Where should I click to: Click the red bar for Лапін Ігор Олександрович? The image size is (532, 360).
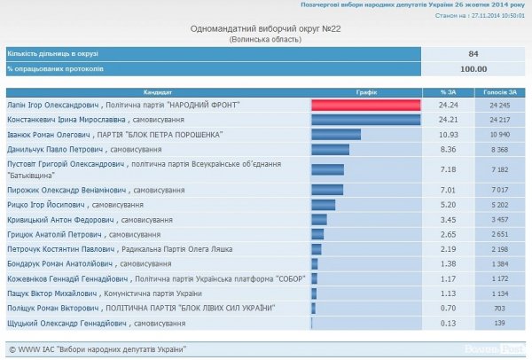point(364,105)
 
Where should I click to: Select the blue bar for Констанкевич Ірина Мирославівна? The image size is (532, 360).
point(364,119)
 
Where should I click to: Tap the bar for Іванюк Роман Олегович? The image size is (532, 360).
point(335,134)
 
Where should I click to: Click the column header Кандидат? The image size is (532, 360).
point(157,91)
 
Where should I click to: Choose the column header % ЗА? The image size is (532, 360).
point(448,91)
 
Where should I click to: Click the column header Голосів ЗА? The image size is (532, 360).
point(498,91)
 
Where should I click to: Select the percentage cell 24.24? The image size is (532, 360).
point(448,105)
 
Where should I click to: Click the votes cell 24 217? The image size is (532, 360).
point(498,119)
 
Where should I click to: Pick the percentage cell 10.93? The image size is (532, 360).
point(448,134)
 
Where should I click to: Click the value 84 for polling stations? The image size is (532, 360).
point(473,53)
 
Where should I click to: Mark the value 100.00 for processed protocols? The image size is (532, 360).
point(473,67)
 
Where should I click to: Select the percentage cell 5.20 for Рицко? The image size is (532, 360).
point(448,203)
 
